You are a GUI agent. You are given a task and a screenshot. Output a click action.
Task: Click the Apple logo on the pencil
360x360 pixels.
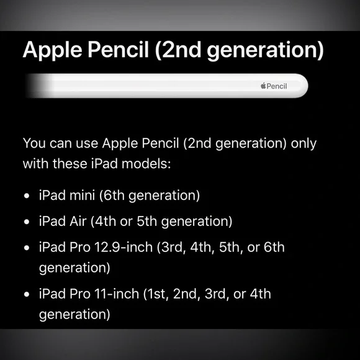(x=263, y=86)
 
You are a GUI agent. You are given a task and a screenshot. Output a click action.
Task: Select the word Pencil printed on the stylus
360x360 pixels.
(x=277, y=86)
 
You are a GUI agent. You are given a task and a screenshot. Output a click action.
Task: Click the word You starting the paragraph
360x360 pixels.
(x=35, y=143)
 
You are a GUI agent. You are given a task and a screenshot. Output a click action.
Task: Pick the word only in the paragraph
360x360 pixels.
(x=304, y=143)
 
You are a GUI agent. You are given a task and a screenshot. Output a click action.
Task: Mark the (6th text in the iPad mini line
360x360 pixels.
(x=113, y=196)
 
